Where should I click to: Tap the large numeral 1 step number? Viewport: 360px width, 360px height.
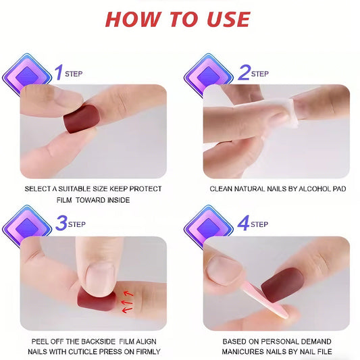[59, 72]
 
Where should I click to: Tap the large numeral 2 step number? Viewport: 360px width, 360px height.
[243, 72]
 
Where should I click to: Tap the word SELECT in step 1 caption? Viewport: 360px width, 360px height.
[41, 189]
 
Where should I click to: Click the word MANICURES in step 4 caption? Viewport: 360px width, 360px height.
[247, 351]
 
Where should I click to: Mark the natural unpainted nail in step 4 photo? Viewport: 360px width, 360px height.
[224, 269]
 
